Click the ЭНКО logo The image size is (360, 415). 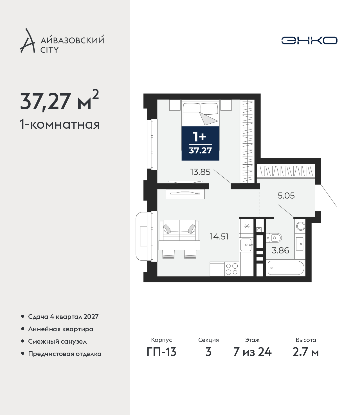[x=309, y=40]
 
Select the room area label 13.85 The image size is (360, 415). [x=200, y=172]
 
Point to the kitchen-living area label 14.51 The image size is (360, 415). [x=219, y=237]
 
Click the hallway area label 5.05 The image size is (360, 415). [x=286, y=196]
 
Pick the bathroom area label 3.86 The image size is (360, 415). [x=280, y=250]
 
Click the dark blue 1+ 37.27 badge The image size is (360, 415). [x=201, y=143]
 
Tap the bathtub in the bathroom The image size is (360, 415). [x=286, y=268]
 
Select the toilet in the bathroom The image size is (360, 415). [x=274, y=238]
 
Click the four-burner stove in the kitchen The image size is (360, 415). [x=231, y=269]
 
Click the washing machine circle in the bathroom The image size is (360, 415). [x=301, y=226]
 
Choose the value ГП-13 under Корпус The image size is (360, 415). [x=161, y=352]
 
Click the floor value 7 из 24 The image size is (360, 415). [x=252, y=352]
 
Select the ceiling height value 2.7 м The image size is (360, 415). [x=305, y=352]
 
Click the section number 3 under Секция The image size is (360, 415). [x=208, y=352]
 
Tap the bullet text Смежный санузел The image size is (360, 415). [x=57, y=341]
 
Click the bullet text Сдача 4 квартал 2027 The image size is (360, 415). [x=63, y=317]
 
